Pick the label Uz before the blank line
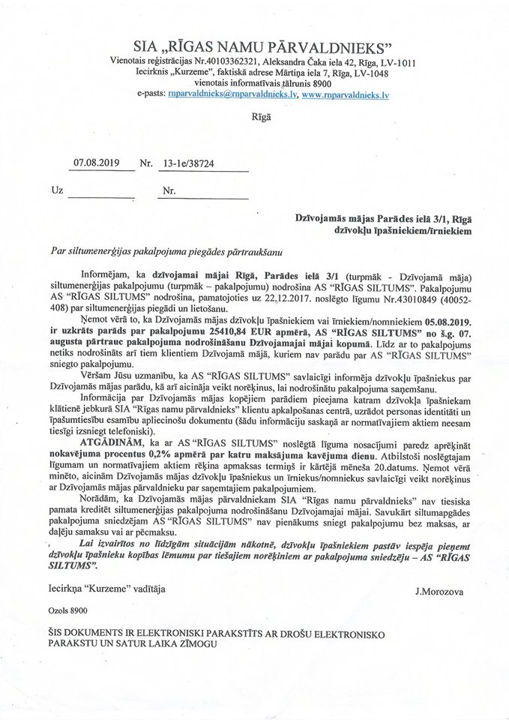tap(56, 190)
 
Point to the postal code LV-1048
tap(359, 73)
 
